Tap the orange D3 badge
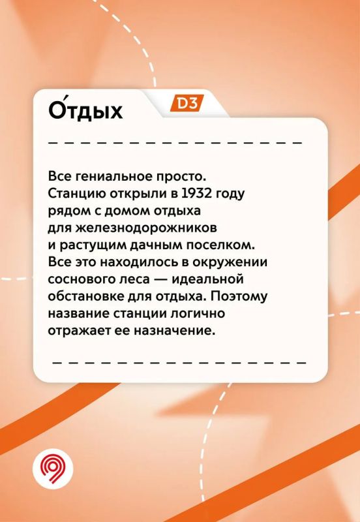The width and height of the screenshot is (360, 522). point(187,103)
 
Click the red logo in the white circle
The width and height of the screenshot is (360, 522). point(53,468)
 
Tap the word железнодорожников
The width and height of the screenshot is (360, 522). point(146,228)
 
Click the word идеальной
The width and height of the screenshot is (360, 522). point(207,279)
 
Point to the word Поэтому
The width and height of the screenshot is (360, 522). point(239,296)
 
